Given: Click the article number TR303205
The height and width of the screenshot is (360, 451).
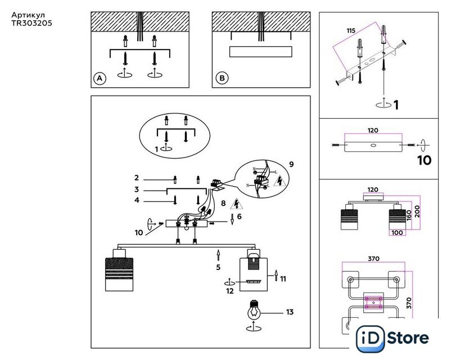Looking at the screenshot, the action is [32, 23].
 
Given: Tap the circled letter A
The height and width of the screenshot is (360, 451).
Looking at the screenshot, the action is [100, 78].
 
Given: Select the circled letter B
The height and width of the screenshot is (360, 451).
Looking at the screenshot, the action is [222, 78].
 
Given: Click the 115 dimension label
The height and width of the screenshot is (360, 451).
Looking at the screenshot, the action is [351, 30].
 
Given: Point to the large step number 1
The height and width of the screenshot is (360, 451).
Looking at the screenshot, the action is [396, 105].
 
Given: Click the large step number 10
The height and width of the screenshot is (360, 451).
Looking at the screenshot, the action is [425, 160].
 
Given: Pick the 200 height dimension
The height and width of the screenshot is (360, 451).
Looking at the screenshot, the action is [417, 211].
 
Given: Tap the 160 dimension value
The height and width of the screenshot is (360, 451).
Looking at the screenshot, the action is [409, 216].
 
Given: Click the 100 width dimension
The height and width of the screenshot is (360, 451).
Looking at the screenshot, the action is [397, 232].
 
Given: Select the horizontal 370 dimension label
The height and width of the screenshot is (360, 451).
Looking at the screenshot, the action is [373, 259].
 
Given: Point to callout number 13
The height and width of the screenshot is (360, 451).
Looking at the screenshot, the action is [290, 312].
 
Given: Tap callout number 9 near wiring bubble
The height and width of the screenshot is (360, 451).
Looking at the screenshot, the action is [292, 164].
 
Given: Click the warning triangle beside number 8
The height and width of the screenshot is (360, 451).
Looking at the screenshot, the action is [236, 204].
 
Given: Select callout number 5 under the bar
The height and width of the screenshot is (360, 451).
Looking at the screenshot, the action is [218, 267].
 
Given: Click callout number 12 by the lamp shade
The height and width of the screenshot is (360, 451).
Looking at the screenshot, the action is [230, 291].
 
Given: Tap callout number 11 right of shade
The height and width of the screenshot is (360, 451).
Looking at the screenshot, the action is [283, 279].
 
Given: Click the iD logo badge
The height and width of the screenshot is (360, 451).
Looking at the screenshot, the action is [370, 339].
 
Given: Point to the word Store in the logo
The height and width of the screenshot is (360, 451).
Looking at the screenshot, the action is [408, 338].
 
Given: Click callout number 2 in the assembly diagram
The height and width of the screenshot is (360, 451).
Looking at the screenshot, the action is [137, 178].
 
